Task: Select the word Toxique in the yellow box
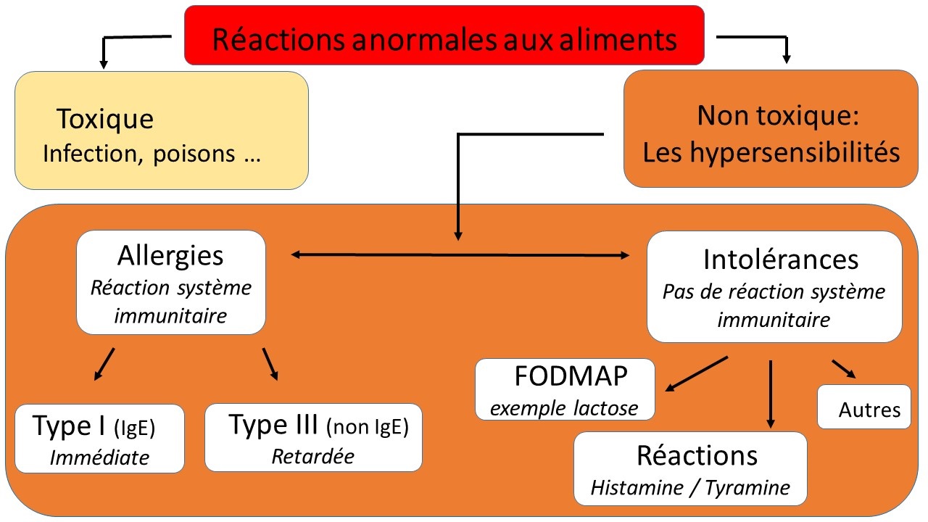[105, 119]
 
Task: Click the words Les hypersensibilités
[771, 153]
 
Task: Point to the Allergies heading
[171, 256]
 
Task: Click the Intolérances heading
[780, 259]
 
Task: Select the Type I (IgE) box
[99, 438]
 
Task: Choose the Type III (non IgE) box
[313, 437]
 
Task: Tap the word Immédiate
[99, 457]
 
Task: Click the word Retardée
[313, 457]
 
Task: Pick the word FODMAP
[572, 378]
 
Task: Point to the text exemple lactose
[565, 408]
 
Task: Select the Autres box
[864, 407]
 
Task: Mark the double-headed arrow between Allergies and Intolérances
[460, 254]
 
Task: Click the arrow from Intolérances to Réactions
[770, 392]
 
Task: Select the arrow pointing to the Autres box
[843, 368]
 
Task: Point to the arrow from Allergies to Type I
[104, 363]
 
